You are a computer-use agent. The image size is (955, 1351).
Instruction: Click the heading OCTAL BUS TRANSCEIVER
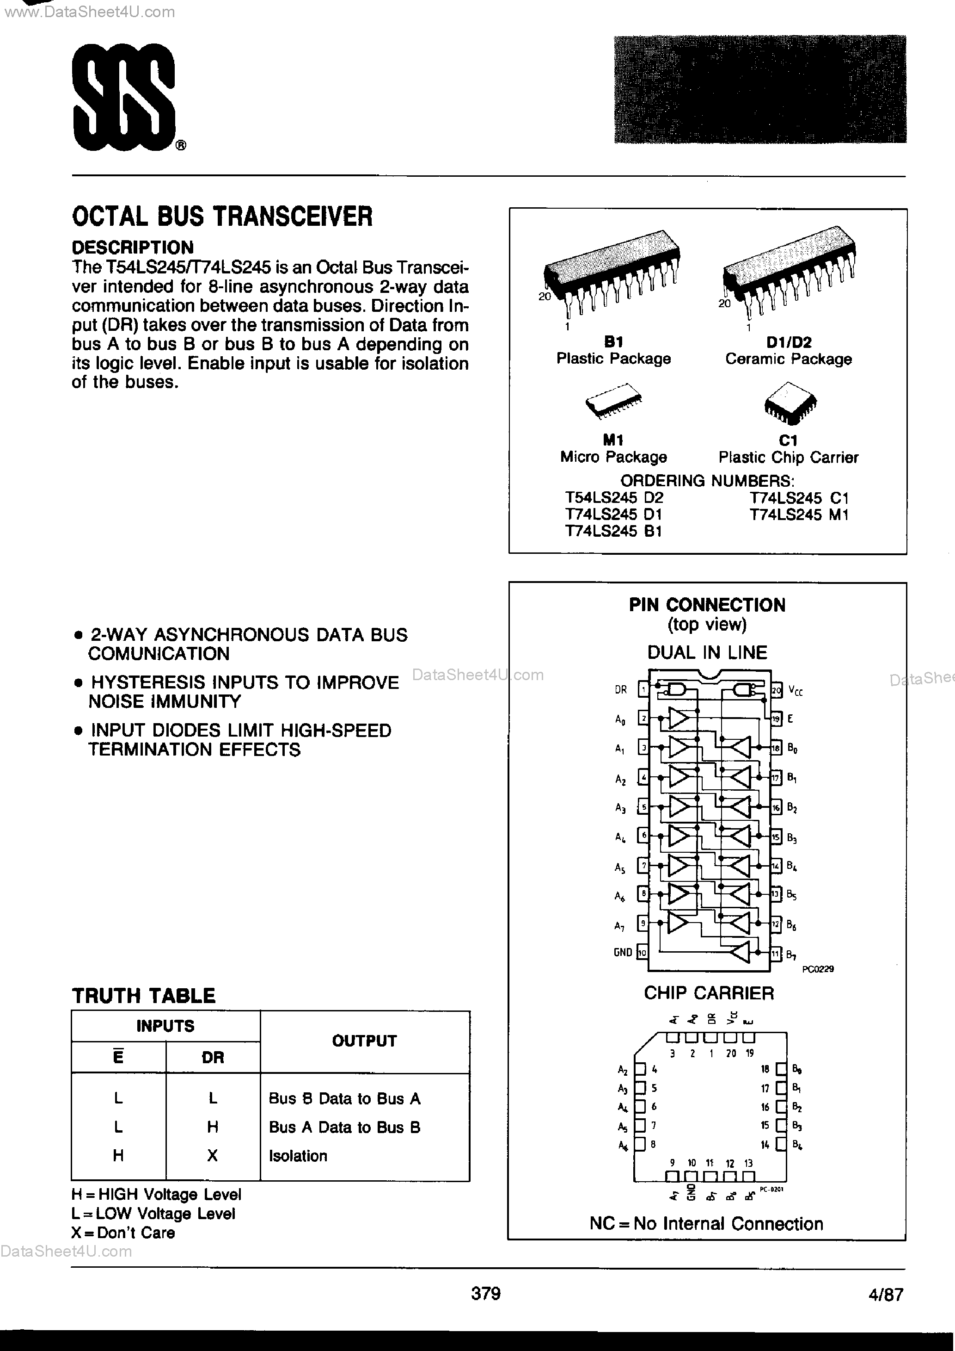tap(222, 217)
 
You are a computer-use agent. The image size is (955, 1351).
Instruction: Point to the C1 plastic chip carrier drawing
tap(790, 403)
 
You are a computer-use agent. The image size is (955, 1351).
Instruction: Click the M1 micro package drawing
tap(613, 403)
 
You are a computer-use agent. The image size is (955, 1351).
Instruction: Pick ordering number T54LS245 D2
tap(614, 498)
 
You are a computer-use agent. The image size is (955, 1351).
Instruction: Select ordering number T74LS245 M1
tap(799, 515)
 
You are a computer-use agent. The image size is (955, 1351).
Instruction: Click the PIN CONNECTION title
tap(707, 605)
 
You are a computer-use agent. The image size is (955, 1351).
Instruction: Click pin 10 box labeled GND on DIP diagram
tap(642, 953)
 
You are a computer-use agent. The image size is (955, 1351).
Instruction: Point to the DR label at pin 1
tap(621, 690)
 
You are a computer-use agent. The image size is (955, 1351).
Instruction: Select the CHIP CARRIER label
tap(709, 993)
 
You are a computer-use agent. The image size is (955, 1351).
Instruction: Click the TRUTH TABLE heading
tap(143, 996)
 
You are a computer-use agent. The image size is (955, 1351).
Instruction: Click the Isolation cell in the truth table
tap(298, 1156)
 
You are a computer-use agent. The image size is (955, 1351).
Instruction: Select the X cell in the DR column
tap(213, 1156)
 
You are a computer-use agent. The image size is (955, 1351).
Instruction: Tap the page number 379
tap(486, 1293)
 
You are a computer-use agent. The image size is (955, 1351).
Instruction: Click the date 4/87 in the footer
tap(885, 1295)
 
